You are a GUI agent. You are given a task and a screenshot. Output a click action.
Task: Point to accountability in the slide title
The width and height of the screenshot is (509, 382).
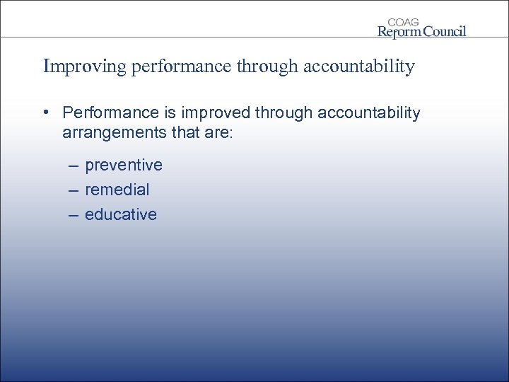[358, 67]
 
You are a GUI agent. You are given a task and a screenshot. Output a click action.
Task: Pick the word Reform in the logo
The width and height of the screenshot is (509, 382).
[399, 31]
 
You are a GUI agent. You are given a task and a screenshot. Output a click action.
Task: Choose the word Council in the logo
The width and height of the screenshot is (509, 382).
[444, 31]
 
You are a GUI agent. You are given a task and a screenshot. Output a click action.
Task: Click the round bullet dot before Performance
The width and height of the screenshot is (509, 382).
[45, 113]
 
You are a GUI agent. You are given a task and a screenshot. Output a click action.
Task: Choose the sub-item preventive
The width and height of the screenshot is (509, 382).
[124, 166]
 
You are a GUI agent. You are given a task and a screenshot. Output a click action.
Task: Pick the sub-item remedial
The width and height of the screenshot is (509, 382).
[117, 190]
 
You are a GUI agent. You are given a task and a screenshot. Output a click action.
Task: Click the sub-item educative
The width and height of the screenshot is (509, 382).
[121, 215]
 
